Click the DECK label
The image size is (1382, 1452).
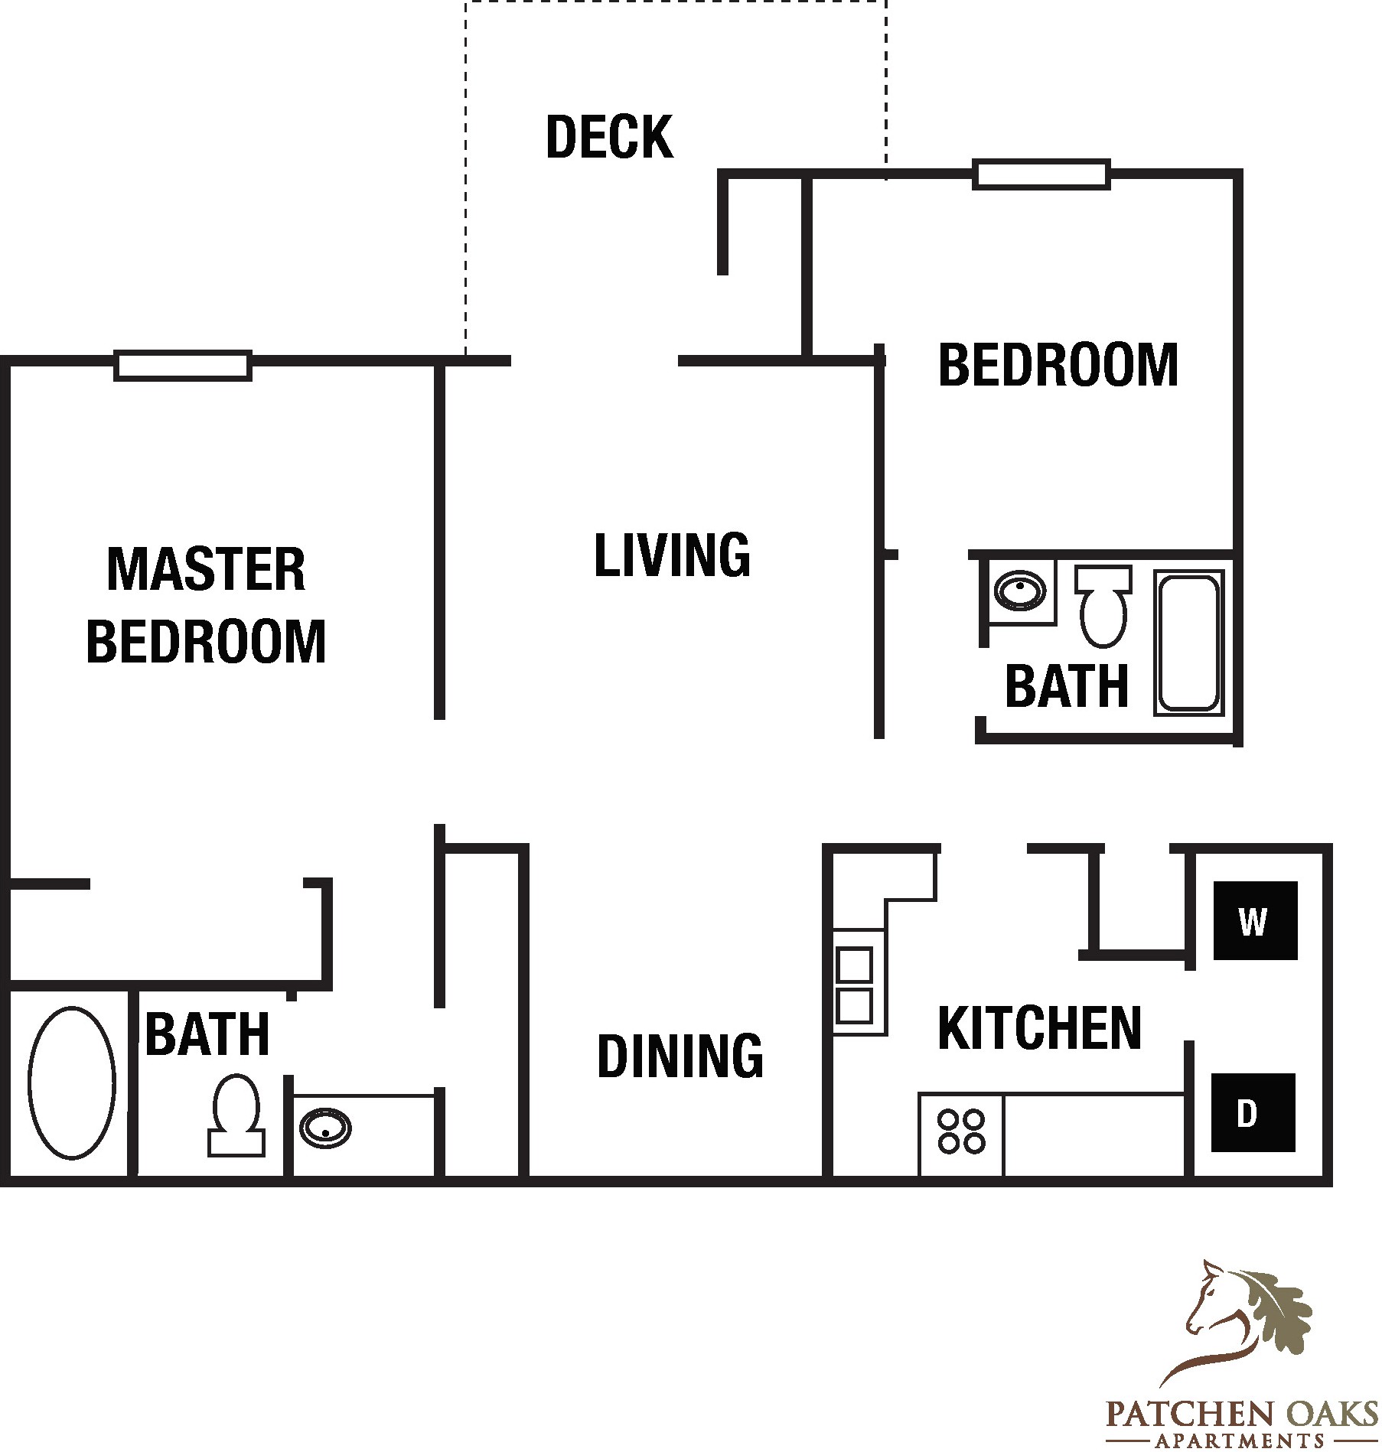(x=610, y=137)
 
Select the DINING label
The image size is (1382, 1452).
(x=680, y=1056)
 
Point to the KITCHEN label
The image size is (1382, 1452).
(x=1039, y=1028)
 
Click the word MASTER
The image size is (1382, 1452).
(x=206, y=569)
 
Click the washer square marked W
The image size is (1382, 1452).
(x=1255, y=920)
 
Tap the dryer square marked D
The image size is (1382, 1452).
(x=1253, y=1112)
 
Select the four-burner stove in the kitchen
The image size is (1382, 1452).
(x=962, y=1132)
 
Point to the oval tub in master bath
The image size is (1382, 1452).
(x=72, y=1082)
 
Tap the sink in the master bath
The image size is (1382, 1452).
(x=325, y=1128)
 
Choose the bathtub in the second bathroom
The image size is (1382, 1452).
(x=1189, y=643)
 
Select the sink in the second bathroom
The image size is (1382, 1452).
(x=1020, y=591)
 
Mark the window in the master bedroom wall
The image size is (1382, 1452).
(x=183, y=366)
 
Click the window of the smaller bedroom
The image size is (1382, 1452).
(x=1041, y=174)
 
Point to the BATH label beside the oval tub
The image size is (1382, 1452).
(x=207, y=1034)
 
